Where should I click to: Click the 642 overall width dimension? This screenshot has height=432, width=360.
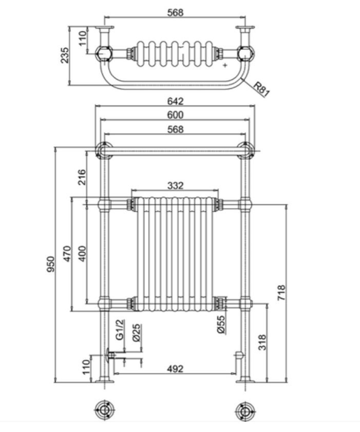pyautogui.click(x=175, y=101)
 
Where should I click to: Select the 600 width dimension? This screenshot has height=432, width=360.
pyautogui.click(x=175, y=115)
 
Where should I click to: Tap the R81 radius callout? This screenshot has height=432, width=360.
pyautogui.click(x=261, y=89)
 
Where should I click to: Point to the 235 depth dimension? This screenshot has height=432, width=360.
pyautogui.click(x=65, y=55)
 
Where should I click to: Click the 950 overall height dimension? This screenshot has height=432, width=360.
pyautogui.click(x=51, y=264)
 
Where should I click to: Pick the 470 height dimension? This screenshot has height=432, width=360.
pyautogui.click(x=67, y=254)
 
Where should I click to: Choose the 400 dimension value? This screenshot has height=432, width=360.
pyautogui.click(x=82, y=254)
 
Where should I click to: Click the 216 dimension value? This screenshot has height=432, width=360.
pyautogui.click(x=82, y=177)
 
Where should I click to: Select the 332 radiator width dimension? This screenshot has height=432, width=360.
pyautogui.click(x=175, y=185)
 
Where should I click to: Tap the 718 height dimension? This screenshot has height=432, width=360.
pyautogui.click(x=281, y=293)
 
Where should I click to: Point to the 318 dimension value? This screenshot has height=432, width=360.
pyautogui.click(x=262, y=343)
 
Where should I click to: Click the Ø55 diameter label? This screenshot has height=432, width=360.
pyautogui.click(x=221, y=325)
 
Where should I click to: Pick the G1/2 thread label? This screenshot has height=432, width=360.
pyautogui.click(x=120, y=330)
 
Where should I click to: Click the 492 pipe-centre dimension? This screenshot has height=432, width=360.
pyautogui.click(x=175, y=369)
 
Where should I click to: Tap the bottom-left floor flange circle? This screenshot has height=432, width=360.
pyautogui.click(x=105, y=410)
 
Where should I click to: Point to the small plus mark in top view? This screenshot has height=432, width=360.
pyautogui.click(x=225, y=65)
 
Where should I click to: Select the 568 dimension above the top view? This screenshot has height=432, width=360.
pyautogui.click(x=175, y=12)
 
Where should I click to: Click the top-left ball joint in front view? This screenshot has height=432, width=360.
pyautogui.click(x=104, y=151)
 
